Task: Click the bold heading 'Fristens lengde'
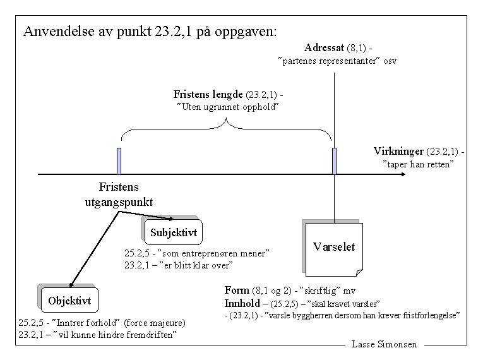pos(208,94)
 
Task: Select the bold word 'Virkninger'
pos(398,152)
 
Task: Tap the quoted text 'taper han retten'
pos(419,165)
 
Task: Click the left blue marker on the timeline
pos(119,161)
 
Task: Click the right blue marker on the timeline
pos(334,161)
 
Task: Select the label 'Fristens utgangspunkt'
pos(119,195)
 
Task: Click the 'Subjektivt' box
pos(174,232)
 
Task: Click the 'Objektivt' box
pos(69,301)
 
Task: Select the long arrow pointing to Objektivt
pos(93,249)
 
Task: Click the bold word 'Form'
pos(237,291)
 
